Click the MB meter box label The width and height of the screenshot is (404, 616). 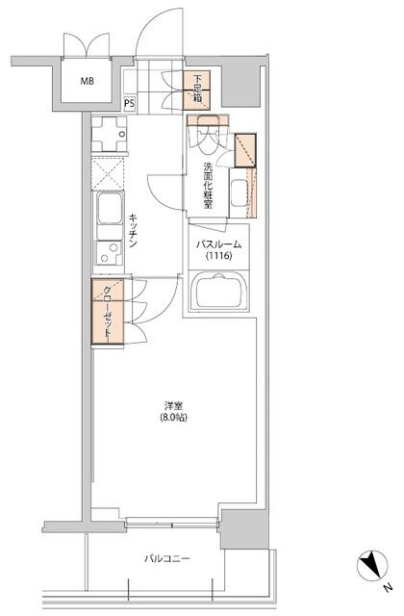click(88, 81)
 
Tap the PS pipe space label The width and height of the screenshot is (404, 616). click(129, 104)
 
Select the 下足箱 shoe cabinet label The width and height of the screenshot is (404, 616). click(197, 89)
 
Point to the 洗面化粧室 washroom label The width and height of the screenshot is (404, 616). click(208, 185)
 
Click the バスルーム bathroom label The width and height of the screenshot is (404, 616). click(218, 244)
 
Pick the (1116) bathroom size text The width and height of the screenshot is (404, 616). click(219, 256)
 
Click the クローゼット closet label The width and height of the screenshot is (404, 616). click(108, 312)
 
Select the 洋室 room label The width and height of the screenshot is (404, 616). click(173, 405)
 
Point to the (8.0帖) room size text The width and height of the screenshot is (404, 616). click(173, 417)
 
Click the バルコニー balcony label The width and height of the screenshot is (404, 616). click(166, 558)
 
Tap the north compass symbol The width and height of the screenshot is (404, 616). click(372, 566)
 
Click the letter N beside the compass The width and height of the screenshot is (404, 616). click(388, 588)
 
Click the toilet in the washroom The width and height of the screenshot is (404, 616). click(208, 135)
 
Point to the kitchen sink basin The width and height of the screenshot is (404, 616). click(109, 208)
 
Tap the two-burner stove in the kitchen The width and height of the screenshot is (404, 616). click(109, 252)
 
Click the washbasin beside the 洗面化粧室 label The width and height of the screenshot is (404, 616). click(240, 192)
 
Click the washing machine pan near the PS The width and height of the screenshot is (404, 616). click(110, 134)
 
